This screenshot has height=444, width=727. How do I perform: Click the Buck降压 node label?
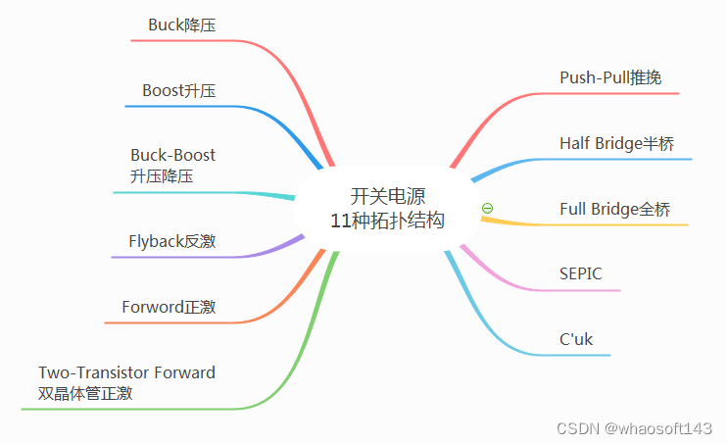pyautogui.click(x=181, y=25)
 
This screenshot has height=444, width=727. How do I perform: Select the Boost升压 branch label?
pyautogui.click(x=178, y=90)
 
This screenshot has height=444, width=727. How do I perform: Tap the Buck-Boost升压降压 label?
pyautogui.click(x=172, y=166)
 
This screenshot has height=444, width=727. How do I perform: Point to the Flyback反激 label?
pyautogui.click(x=171, y=241)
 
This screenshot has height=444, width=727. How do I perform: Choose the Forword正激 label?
pyautogui.click(x=169, y=307)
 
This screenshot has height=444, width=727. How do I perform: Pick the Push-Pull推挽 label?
pyautogui.click(x=617, y=77)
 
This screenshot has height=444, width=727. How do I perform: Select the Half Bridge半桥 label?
pyautogui.click(x=617, y=143)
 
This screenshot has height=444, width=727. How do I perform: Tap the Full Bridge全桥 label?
pyautogui.click(x=615, y=209)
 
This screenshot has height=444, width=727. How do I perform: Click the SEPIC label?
pyautogui.click(x=581, y=273)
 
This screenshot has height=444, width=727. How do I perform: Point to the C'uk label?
pyautogui.click(x=576, y=339)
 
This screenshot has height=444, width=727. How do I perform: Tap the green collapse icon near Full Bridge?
pyautogui.click(x=488, y=208)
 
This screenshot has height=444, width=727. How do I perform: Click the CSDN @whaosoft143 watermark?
pyautogui.click(x=634, y=428)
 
